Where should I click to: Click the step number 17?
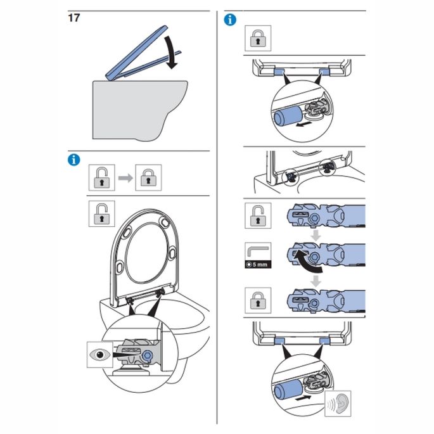click(x=73, y=18)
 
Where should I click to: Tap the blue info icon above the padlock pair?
click(x=73, y=160)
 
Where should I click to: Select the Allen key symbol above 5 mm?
click(x=258, y=249)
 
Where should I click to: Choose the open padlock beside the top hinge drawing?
click(x=258, y=216)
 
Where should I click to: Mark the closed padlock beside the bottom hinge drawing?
click(x=258, y=298)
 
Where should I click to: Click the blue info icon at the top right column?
click(x=231, y=20)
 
